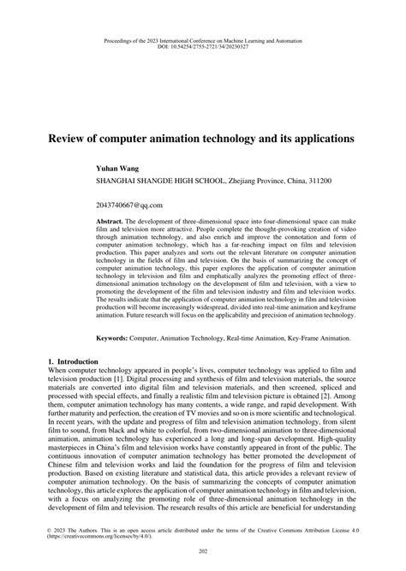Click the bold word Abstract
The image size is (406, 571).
point(111,220)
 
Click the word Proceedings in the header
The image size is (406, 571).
point(117,38)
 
